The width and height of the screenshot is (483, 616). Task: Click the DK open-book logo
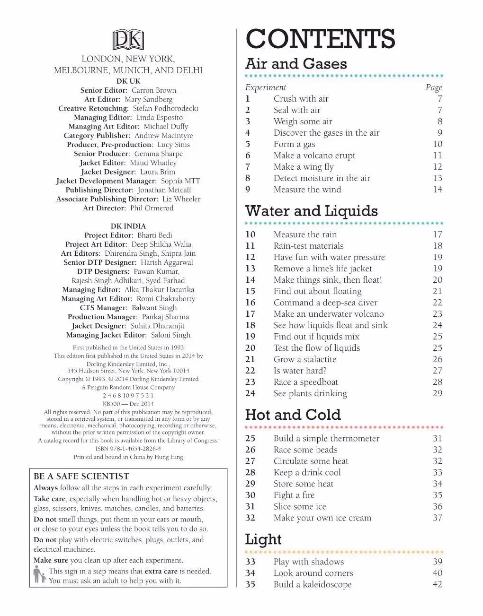click(x=128, y=40)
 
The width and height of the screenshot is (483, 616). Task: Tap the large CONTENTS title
click(x=320, y=39)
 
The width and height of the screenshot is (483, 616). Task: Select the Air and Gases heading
click(x=296, y=64)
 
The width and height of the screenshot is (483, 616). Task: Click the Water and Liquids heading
click(x=311, y=211)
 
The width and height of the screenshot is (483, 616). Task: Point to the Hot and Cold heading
click(x=293, y=415)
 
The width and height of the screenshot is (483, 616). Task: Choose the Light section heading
click(x=263, y=539)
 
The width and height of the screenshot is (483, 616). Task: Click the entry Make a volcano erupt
click(x=314, y=156)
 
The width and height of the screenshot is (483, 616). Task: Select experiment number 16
click(x=250, y=303)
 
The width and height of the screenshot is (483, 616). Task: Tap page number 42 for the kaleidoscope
click(x=437, y=584)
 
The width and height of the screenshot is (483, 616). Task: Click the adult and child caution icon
click(x=40, y=575)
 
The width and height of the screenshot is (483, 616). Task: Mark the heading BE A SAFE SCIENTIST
click(x=81, y=476)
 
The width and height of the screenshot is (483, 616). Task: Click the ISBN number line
click(x=128, y=449)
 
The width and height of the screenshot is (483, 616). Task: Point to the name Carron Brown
click(x=153, y=90)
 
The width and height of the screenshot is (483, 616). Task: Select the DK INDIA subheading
click(x=128, y=226)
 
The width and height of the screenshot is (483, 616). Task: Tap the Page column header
click(x=434, y=87)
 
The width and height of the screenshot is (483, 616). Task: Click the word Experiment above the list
click(x=266, y=87)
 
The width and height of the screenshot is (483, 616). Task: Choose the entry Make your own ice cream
click(x=322, y=518)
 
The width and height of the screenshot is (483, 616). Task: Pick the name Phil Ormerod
click(x=152, y=208)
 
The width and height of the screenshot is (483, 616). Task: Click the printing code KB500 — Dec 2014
click(x=128, y=404)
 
